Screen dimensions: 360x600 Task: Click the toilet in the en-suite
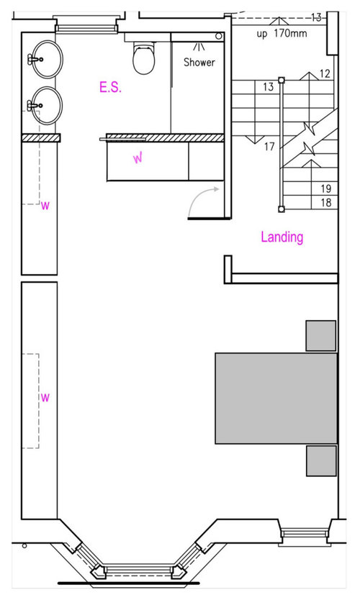pyautogui.click(x=144, y=58)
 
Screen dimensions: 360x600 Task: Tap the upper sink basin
pyautogui.click(x=47, y=59)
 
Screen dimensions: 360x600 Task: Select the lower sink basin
pyautogui.click(x=47, y=105)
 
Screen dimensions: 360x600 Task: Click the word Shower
pyautogui.click(x=199, y=62)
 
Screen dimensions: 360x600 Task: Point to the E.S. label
pyautogui.click(x=110, y=87)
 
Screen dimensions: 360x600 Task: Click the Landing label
pyautogui.click(x=282, y=237)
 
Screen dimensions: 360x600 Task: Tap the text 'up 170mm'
pyautogui.click(x=282, y=33)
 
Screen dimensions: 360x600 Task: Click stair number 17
pyautogui.click(x=269, y=146)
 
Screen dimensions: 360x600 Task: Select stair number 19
pyautogui.click(x=326, y=188)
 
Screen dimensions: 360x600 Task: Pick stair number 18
pyautogui.click(x=326, y=202)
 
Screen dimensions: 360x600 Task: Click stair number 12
pyautogui.click(x=325, y=73)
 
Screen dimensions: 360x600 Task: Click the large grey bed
pyautogui.click(x=276, y=399)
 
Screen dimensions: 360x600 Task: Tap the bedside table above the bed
pyautogui.click(x=321, y=335)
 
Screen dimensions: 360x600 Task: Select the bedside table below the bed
pyautogui.click(x=321, y=460)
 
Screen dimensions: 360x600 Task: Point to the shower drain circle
pyautogui.click(x=219, y=36)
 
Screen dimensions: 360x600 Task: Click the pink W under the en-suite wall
pyautogui.click(x=138, y=158)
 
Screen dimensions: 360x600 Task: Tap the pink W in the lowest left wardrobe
pyautogui.click(x=45, y=397)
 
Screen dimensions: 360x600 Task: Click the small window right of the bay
pyautogui.click(x=305, y=533)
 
